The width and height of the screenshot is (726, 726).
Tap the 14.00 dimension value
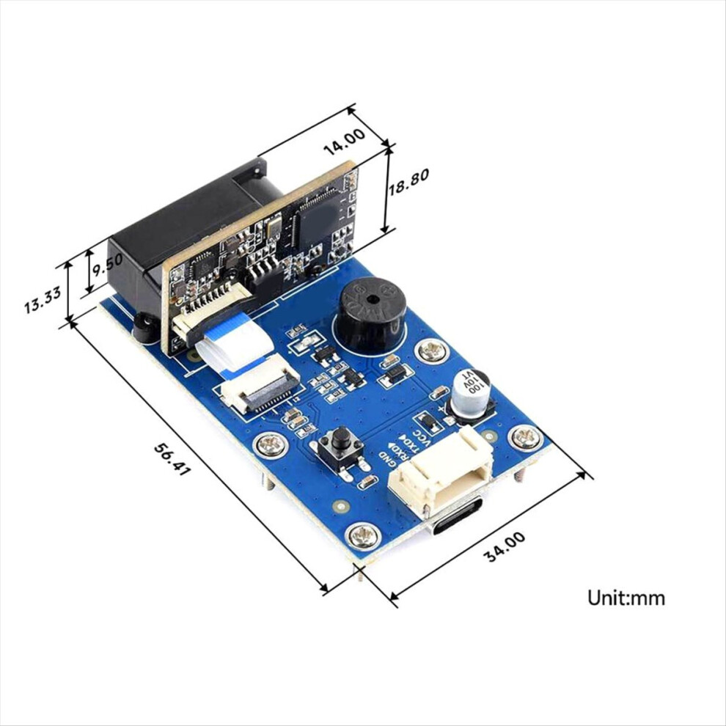pyautogui.click(x=344, y=141)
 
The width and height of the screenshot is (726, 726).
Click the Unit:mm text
pyautogui.click(x=626, y=598)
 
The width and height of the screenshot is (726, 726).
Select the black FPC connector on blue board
pyautogui.click(x=260, y=391)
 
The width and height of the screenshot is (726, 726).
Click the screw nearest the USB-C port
pyautogui.click(x=361, y=537)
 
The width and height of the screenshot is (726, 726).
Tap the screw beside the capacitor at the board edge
pyautogui.click(x=525, y=438)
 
